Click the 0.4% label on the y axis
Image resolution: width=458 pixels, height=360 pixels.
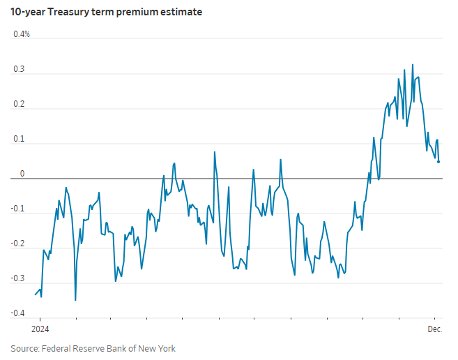point(22,34)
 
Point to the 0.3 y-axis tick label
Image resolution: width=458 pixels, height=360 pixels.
point(19,69)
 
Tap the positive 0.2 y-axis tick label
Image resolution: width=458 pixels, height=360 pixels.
point(19,104)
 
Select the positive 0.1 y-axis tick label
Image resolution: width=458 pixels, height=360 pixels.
point(19,139)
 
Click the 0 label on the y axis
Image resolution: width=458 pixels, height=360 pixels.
point(21,174)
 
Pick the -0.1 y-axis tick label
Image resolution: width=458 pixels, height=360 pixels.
point(18,209)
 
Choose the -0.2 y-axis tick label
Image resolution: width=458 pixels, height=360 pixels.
point(18,243)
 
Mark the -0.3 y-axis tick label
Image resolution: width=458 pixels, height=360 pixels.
point(18,278)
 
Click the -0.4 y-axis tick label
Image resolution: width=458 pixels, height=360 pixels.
point(18,313)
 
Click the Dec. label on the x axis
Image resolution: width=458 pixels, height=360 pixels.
point(435,329)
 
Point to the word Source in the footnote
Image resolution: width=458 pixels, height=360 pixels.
point(24,348)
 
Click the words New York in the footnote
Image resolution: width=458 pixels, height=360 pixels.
point(158,348)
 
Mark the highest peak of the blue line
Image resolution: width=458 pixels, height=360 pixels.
point(413,65)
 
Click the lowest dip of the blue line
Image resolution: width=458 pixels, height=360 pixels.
point(75,300)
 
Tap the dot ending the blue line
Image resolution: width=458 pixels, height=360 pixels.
point(438,162)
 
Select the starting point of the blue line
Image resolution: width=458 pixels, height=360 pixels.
point(36,294)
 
